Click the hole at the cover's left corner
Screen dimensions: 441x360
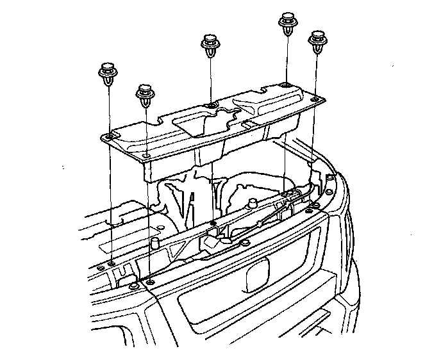(110, 137)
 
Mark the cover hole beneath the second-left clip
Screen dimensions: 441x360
(147, 156)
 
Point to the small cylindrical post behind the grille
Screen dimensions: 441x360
(154, 244)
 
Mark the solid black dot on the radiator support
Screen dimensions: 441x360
(212, 223)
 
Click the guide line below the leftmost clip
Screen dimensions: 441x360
(110, 192)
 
